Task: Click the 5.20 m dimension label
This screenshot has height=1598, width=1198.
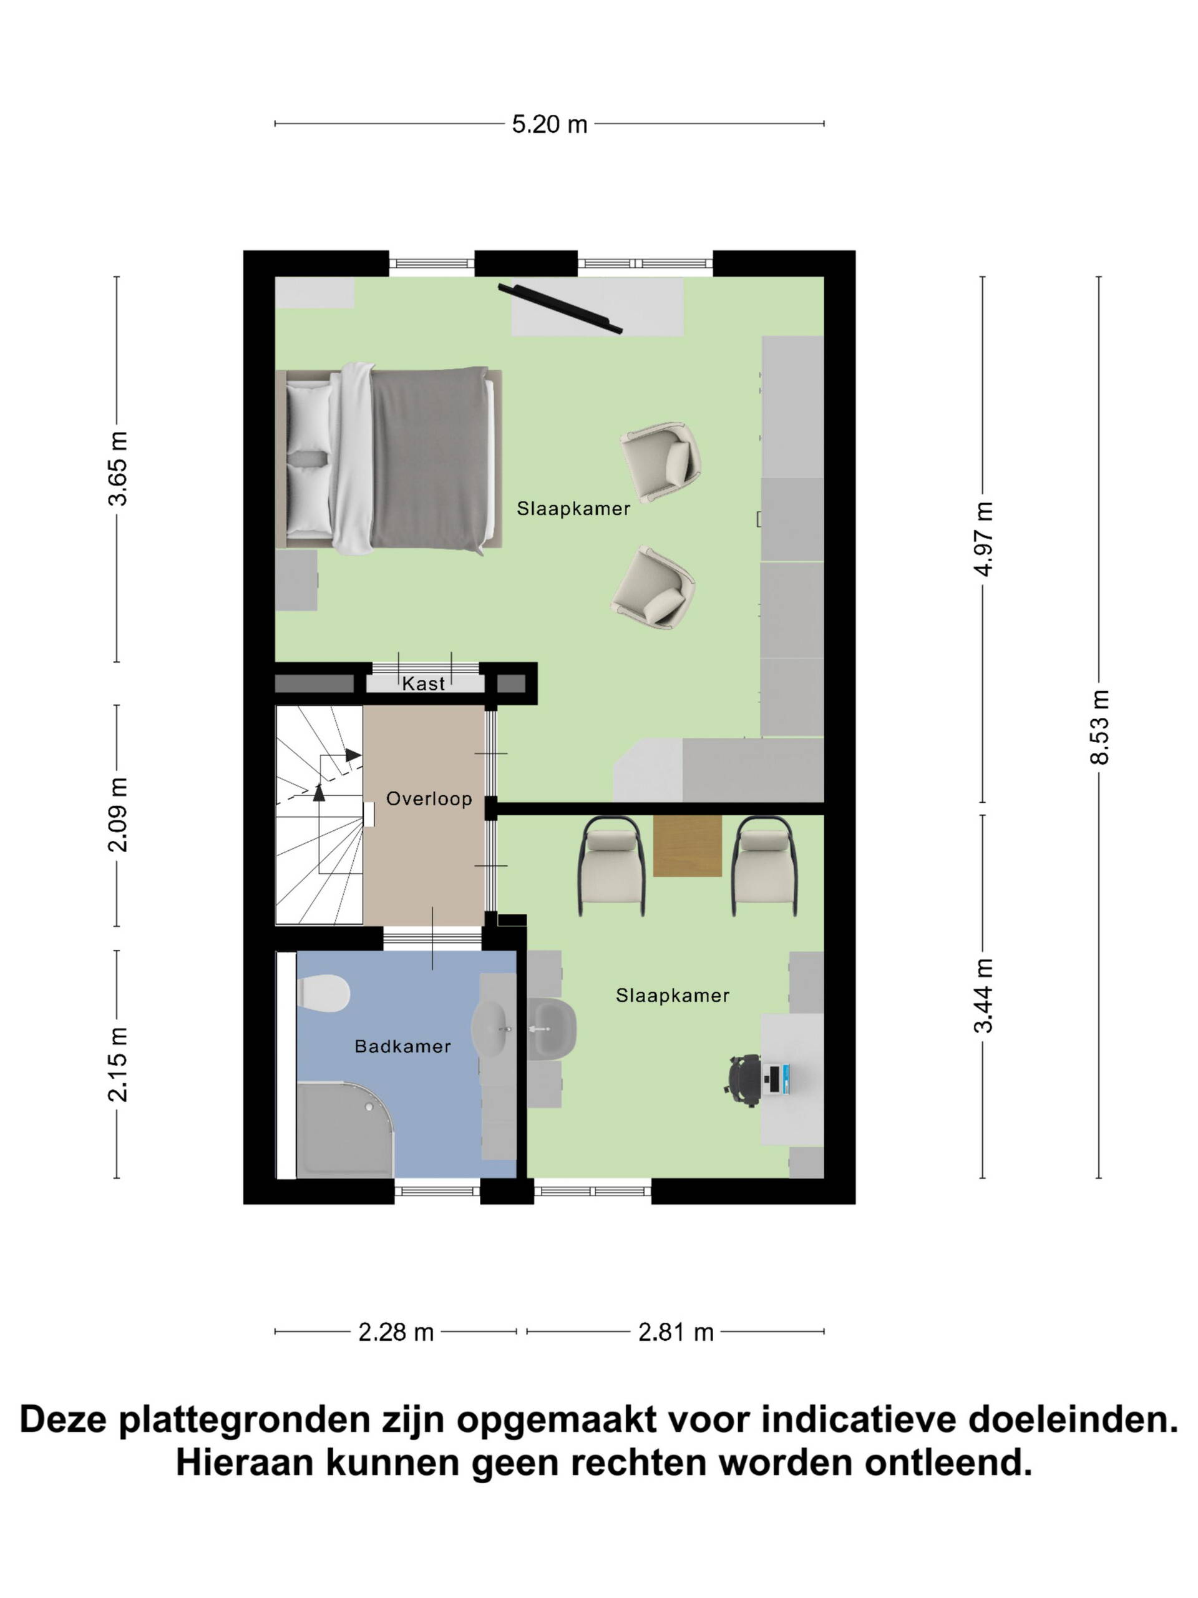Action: click(549, 124)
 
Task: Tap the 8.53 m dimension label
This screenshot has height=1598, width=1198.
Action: click(1099, 727)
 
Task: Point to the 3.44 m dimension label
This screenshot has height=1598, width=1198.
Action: click(983, 996)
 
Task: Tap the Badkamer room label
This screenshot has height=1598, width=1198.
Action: click(402, 1046)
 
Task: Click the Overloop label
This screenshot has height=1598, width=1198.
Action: click(429, 798)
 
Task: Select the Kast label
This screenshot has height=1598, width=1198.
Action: click(423, 684)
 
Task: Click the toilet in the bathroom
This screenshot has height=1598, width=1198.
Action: click(323, 993)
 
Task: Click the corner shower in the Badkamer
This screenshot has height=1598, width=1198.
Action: click(344, 1129)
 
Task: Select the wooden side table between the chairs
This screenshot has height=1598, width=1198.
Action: click(687, 846)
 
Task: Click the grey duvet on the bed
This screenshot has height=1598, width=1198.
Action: click(428, 459)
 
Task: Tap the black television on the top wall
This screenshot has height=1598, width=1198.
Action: click(560, 308)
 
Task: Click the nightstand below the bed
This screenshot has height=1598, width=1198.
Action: click(296, 580)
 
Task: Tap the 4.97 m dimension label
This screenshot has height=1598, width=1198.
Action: click(983, 538)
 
